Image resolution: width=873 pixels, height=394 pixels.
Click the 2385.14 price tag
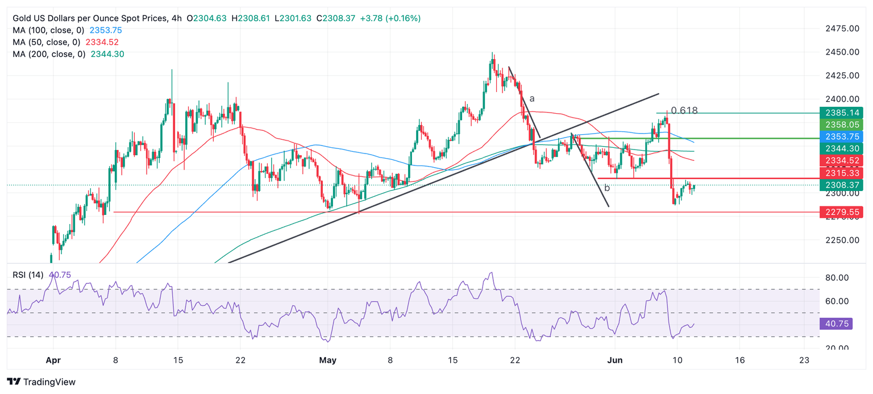pos(841,113)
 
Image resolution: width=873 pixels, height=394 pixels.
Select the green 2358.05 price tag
pos(841,125)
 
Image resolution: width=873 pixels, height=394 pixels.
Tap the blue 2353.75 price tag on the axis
pos(841,136)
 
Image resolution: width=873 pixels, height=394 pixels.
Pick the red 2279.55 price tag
pos(841,212)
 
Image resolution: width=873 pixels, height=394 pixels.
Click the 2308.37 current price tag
pos(841,185)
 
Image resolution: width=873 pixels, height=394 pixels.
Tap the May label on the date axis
pos(328,359)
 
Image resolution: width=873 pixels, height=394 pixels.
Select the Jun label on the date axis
pos(616,359)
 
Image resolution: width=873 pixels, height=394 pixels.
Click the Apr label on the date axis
pos(53,359)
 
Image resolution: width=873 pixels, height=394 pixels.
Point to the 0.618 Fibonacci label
pos(684,111)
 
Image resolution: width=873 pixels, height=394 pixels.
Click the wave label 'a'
pos(532,98)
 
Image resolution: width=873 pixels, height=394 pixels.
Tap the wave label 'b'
pos(606,188)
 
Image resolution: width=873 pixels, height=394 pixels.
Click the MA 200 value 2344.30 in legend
pos(107,54)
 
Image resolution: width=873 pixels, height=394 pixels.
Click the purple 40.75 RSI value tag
pos(841,324)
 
